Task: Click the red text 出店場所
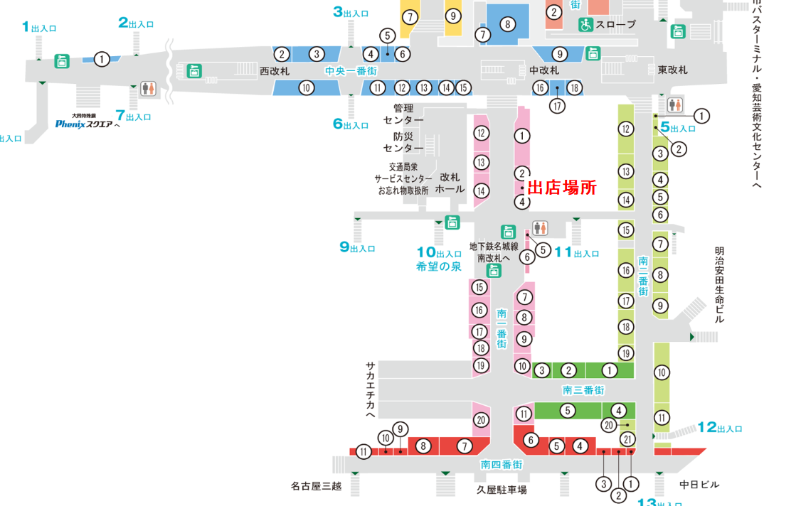click(x=561, y=188)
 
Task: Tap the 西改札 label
click(x=275, y=71)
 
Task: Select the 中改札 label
click(x=544, y=70)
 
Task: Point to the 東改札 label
click(x=672, y=70)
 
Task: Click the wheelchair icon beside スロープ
click(x=585, y=25)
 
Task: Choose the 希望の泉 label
click(x=439, y=267)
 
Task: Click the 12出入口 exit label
click(x=719, y=427)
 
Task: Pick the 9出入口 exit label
click(x=356, y=247)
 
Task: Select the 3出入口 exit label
click(x=351, y=12)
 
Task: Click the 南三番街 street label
click(x=583, y=390)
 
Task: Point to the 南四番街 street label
click(x=502, y=464)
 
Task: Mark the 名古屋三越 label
click(x=316, y=486)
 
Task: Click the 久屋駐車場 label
click(x=502, y=490)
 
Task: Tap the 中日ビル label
click(x=699, y=485)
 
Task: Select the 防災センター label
click(x=403, y=142)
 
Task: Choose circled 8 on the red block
click(x=423, y=446)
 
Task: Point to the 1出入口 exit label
click(x=39, y=27)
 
